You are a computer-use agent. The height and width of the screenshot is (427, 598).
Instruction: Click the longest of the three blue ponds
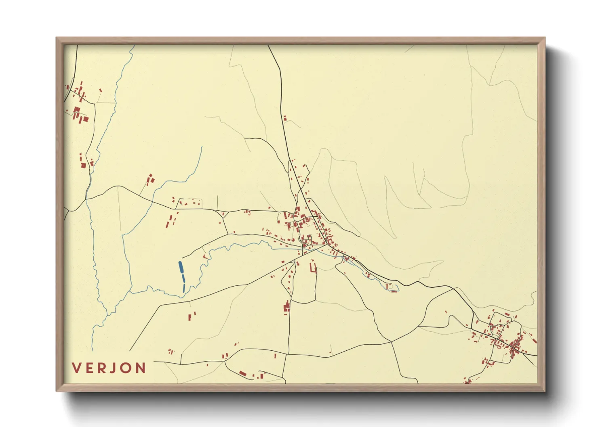pos(181,267)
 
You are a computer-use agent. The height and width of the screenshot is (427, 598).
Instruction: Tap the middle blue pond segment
pos(183,278)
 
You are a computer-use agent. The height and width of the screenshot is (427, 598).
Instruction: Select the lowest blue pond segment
pos(184,288)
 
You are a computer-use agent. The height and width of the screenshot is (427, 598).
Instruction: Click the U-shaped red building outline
pos(313,268)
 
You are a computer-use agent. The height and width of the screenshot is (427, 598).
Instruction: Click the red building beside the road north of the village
pos(285,118)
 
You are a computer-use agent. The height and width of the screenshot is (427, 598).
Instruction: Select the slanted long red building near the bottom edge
pos(242,373)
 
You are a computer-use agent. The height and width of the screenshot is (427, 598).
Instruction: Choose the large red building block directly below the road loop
pos(287,307)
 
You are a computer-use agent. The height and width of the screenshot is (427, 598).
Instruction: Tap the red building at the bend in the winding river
pos(204,256)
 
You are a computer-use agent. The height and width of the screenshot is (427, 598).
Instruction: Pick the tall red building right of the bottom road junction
pos(275,356)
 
